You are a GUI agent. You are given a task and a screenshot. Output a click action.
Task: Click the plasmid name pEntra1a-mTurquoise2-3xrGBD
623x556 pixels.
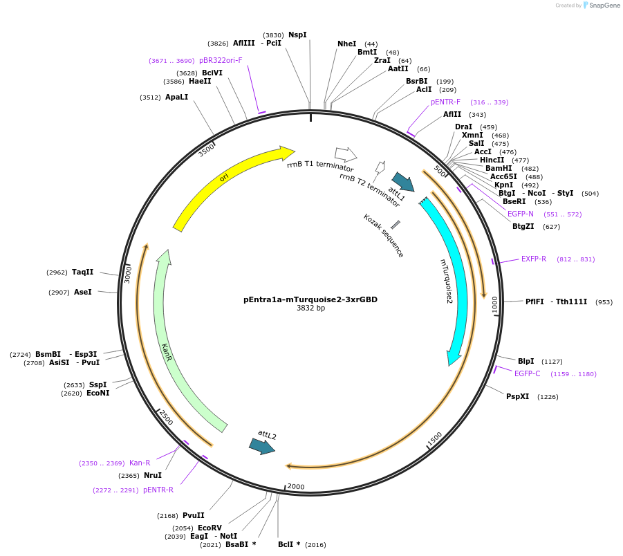coord(310,299)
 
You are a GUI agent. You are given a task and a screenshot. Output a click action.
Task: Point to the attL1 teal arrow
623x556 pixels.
coord(402,182)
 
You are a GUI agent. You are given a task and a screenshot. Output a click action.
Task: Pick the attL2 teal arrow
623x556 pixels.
coord(262,447)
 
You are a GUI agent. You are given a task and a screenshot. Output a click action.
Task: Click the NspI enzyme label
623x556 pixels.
coord(297,35)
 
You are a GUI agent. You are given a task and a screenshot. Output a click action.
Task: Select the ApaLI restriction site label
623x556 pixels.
coord(176,98)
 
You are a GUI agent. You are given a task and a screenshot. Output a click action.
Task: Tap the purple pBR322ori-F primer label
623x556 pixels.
coord(221,60)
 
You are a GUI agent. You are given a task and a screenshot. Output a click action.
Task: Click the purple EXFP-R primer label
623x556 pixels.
coord(534,259)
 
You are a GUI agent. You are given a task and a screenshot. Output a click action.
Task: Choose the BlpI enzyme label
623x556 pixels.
coord(526,361)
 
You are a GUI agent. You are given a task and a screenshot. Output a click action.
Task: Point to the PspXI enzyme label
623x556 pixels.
coord(517,396)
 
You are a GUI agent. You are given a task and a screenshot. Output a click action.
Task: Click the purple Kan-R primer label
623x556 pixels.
coord(140,463)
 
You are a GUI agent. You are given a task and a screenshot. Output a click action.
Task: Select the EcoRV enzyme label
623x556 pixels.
coord(210,528)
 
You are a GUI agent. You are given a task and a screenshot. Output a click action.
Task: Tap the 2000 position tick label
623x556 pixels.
coord(296,487)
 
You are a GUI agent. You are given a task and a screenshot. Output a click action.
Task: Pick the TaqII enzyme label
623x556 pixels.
coord(83,272)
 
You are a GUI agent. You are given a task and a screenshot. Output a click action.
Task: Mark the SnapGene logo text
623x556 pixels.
coord(601,6)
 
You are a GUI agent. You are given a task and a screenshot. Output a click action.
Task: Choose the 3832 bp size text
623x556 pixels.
coord(310,308)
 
